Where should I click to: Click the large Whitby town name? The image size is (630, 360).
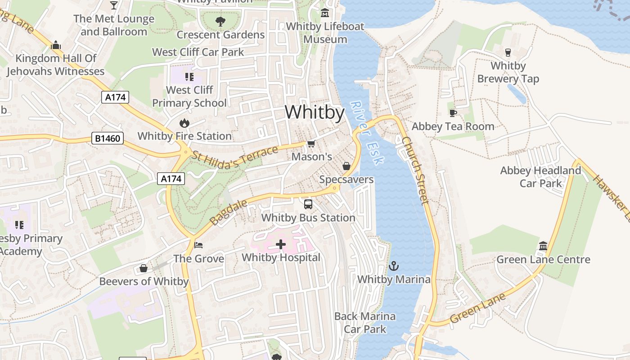coord(315,112)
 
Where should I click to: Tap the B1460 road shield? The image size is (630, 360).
coord(108,138)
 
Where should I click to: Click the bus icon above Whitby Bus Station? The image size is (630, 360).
coord(308,204)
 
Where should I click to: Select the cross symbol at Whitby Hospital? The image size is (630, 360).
coord(281,244)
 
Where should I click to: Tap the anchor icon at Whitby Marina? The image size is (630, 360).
coord(394,266)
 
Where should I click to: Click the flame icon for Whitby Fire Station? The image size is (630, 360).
coord(184,123)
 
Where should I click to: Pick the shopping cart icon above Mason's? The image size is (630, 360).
coord(311,144)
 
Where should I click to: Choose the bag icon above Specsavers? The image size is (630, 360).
coord(346,166)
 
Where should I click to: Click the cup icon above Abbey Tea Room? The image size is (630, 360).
coord(453,113)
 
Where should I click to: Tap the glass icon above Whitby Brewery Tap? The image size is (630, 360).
coord(508,52)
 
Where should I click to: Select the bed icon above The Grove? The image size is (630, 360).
coord(198,245)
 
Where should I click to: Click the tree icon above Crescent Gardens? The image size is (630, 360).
coord(220,21)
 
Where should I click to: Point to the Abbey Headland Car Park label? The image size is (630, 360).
coord(541,177)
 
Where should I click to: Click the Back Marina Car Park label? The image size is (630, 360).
coord(365,323)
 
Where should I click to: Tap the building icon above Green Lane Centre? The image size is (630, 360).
coord(543,246)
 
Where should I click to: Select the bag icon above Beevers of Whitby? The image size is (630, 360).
coord(144,268)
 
